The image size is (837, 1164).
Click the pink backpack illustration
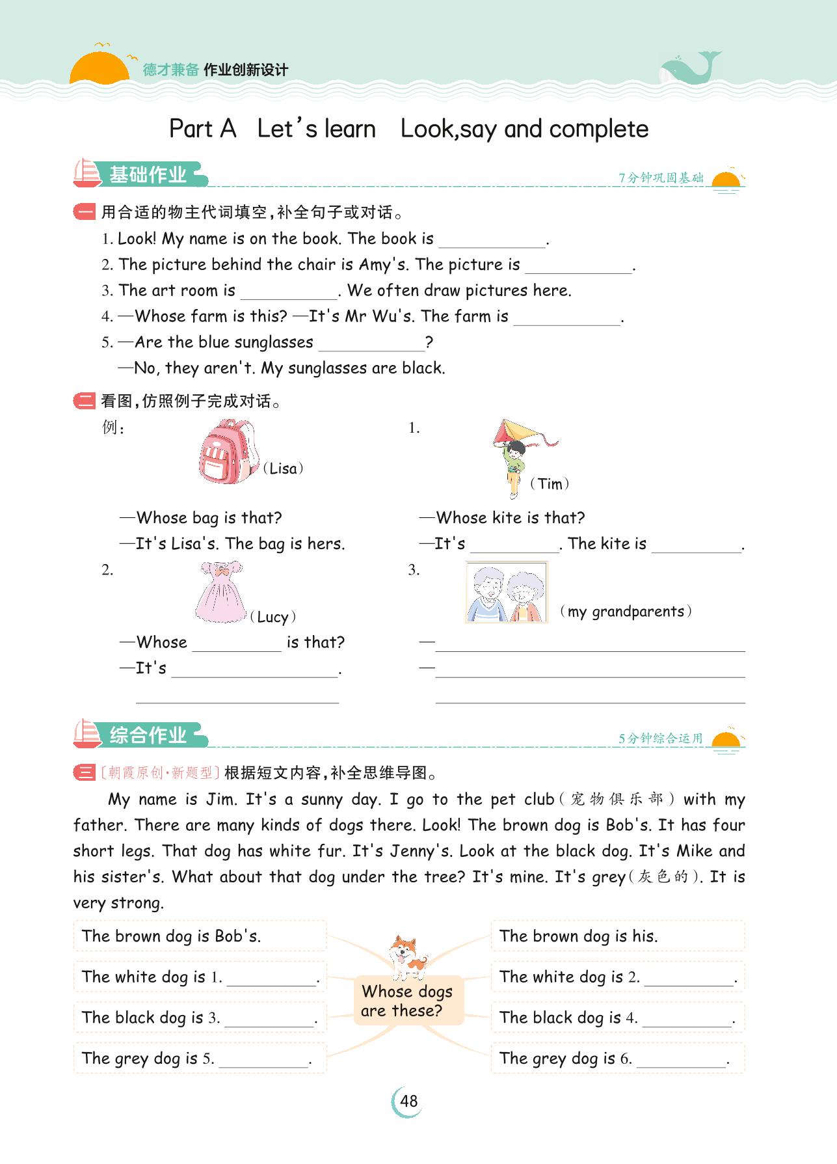click(x=228, y=452)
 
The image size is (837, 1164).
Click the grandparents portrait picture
click(x=507, y=593)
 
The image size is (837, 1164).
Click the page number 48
click(x=408, y=1102)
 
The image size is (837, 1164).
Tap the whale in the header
click(x=689, y=68)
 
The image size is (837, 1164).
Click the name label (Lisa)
click(x=283, y=469)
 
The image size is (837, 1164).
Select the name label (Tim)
click(x=550, y=484)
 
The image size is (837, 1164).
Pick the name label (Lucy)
click(x=273, y=617)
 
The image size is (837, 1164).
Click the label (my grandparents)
click(x=626, y=612)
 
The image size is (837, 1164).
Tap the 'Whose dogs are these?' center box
click(x=408, y=1001)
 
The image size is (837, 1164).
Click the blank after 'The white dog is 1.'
click(x=271, y=978)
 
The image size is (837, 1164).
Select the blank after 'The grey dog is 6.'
click(x=681, y=1059)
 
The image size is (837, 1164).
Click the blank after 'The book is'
click(x=492, y=240)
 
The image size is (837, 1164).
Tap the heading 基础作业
click(x=148, y=175)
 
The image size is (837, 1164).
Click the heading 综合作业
click(x=148, y=736)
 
